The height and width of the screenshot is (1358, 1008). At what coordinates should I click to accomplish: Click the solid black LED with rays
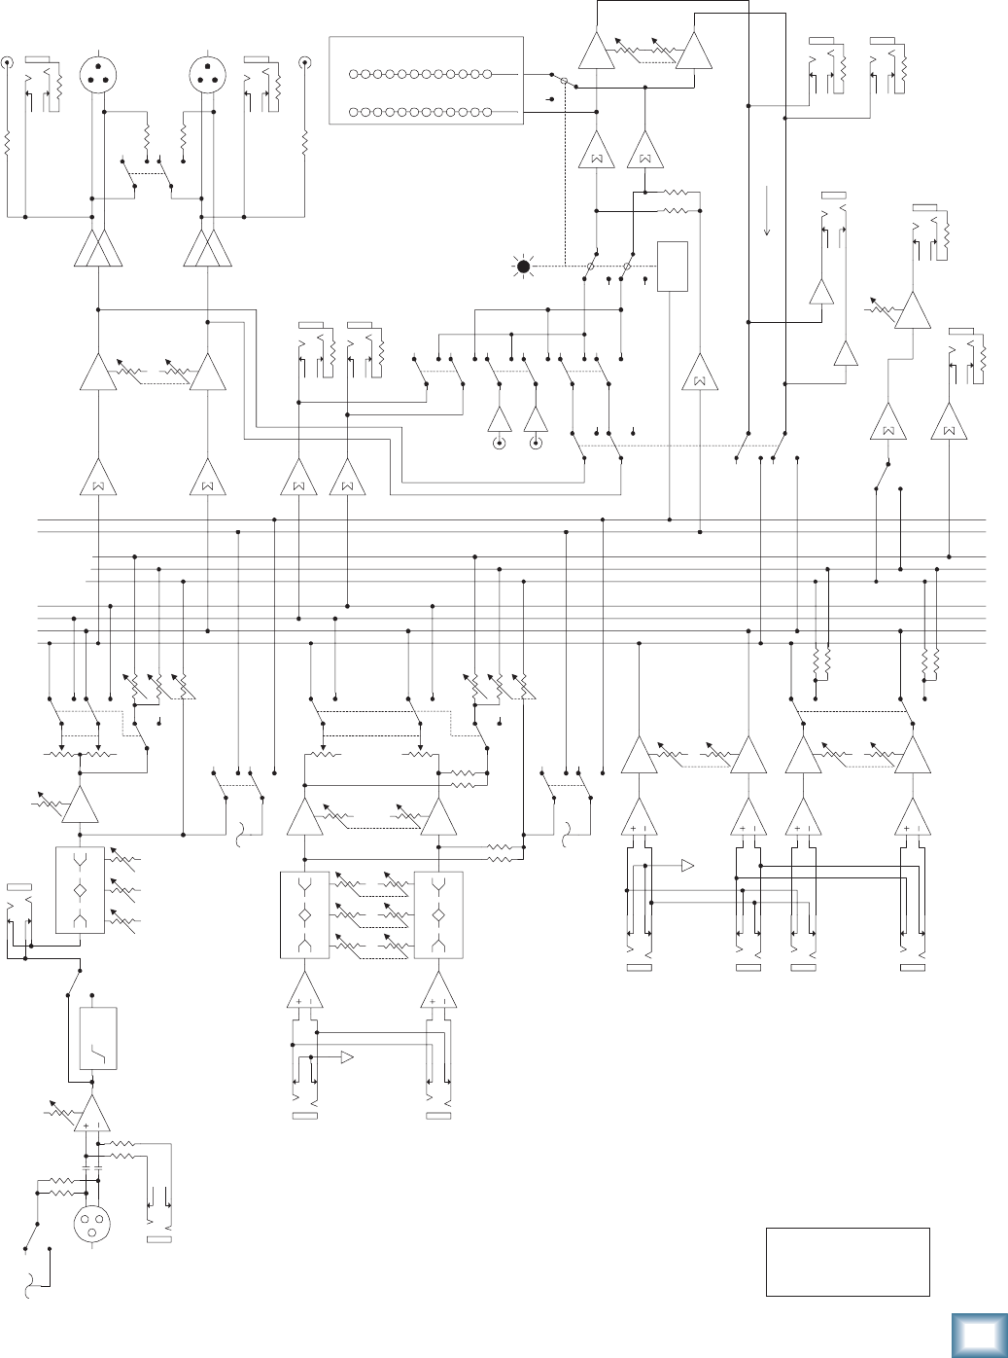pos(523,266)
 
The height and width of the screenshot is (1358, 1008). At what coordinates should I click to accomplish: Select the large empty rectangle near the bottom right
pos(848,1262)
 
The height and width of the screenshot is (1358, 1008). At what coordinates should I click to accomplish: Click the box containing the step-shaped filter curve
pos(97,1039)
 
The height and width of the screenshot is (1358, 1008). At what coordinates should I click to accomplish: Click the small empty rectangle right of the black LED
pos(673,266)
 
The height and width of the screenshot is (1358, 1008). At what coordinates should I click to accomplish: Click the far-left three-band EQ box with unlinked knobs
pos(80,890)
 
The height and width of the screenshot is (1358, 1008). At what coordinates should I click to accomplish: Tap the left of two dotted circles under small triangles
pos(500,445)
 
